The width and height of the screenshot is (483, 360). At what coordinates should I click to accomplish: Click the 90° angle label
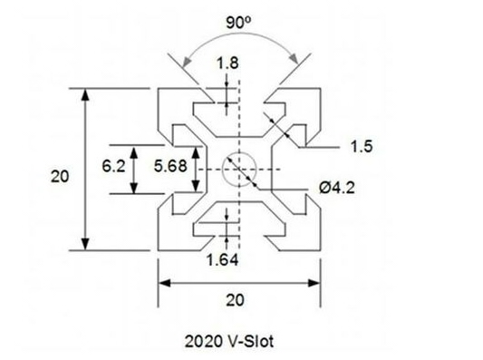pyautogui.click(x=238, y=22)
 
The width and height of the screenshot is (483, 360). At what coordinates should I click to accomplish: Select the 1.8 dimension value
pyautogui.click(x=227, y=63)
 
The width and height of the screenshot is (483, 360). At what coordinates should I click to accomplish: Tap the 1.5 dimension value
pyautogui.click(x=362, y=146)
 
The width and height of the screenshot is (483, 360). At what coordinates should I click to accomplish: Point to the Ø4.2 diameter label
pyautogui.click(x=337, y=188)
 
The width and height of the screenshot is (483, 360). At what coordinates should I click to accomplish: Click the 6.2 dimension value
pyautogui.click(x=113, y=167)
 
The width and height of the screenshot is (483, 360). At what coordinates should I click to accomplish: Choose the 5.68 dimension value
pyautogui.click(x=170, y=167)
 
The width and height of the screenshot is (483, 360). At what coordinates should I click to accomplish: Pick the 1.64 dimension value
pyautogui.click(x=222, y=260)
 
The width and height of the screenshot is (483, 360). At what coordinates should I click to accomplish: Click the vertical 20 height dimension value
pyautogui.click(x=60, y=177)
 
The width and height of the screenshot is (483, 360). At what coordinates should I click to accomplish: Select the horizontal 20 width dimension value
pyautogui.click(x=236, y=300)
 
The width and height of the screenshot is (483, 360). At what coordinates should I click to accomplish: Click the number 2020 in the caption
pyautogui.click(x=203, y=342)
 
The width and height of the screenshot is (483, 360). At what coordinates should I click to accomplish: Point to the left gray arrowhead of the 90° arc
pyautogui.click(x=187, y=62)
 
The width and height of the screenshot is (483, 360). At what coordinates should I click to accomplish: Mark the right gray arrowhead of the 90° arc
pyautogui.click(x=294, y=59)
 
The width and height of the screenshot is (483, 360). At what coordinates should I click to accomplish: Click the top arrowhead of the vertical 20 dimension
pyautogui.click(x=85, y=94)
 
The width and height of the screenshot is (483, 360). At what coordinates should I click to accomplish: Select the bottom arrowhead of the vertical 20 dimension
pyautogui.click(x=85, y=244)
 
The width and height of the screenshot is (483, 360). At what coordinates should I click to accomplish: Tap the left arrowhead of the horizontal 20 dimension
pyautogui.click(x=165, y=283)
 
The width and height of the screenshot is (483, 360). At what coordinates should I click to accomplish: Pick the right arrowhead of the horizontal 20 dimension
pyautogui.click(x=314, y=283)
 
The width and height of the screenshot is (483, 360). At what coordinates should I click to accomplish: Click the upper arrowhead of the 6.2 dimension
pyautogui.click(x=134, y=153)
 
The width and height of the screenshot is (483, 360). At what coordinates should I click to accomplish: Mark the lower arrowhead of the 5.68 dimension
pyautogui.click(x=196, y=187)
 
